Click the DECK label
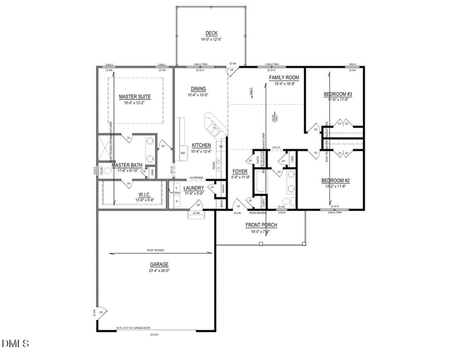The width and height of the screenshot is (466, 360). (211, 33)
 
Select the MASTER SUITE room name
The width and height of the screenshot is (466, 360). (135, 97)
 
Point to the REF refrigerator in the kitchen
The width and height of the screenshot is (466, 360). (183, 153)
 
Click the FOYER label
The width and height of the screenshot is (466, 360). (240, 171)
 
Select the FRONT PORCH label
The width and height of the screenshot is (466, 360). (261, 225)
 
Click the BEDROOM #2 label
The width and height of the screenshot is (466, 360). (336, 180)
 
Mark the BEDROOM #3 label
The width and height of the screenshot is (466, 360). (338, 94)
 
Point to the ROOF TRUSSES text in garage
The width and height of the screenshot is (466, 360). (155, 250)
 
